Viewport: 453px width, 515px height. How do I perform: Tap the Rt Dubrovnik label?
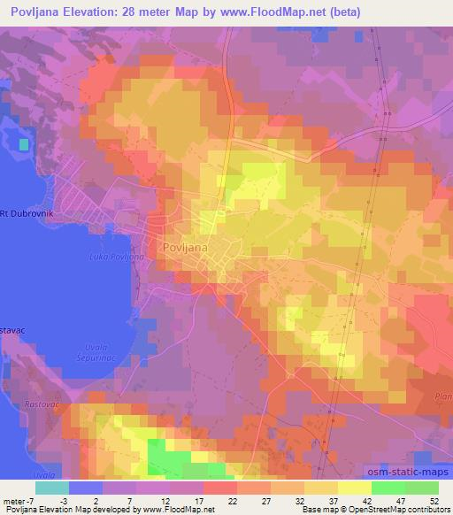point(27,212)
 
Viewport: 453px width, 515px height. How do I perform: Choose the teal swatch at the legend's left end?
point(52,488)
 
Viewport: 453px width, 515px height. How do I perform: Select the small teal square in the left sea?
point(23,142)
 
